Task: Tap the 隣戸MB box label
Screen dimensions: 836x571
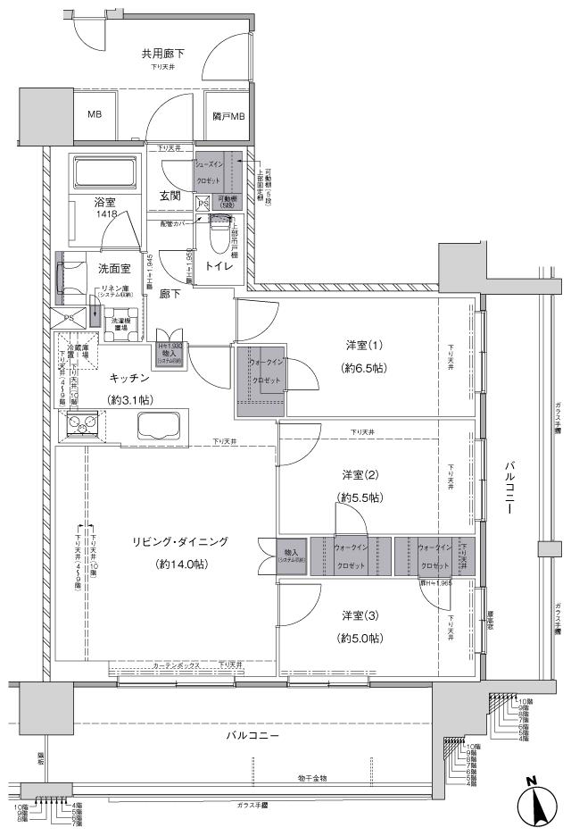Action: pos(228,115)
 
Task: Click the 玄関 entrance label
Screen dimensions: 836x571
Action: pos(171,196)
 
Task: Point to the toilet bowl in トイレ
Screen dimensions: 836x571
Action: pos(219,236)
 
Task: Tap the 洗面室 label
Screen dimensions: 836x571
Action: pos(115,268)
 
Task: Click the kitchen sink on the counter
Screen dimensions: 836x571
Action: pos(161,427)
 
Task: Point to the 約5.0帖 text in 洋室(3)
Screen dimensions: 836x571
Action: pos(360,638)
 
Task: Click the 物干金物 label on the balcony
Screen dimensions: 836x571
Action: pos(312,779)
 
